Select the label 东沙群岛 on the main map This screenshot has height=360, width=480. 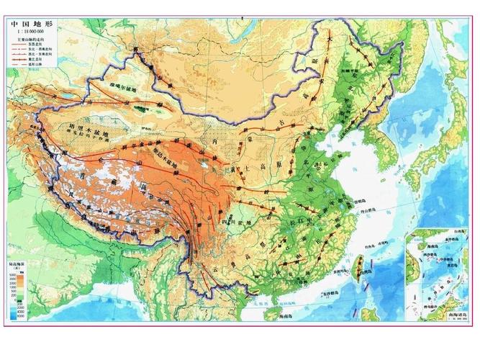[x=325, y=293]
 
